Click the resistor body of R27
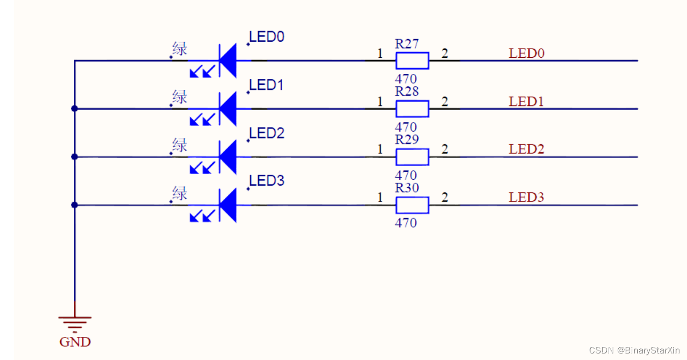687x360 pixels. tap(412, 61)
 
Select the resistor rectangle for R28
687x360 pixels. tap(412, 108)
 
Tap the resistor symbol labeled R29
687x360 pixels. tap(412, 157)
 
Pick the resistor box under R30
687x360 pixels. tap(412, 205)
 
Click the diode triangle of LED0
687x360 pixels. tap(228, 61)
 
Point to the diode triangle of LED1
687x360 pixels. tap(228, 108)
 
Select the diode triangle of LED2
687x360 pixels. tap(228, 157)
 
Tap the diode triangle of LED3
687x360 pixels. tap(228, 205)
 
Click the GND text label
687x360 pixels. tap(75, 342)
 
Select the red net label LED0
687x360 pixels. tap(526, 53)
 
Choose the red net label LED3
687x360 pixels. tap(526, 197)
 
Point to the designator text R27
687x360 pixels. tap(407, 44)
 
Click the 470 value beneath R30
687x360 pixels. tap(406, 222)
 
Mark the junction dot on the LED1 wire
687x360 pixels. tap(75, 108)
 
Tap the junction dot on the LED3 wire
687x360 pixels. tap(75, 205)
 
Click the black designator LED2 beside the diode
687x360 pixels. tap(267, 133)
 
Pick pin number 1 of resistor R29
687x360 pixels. tap(380, 150)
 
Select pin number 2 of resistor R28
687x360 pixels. tap(444, 101)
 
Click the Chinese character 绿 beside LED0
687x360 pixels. tap(180, 49)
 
